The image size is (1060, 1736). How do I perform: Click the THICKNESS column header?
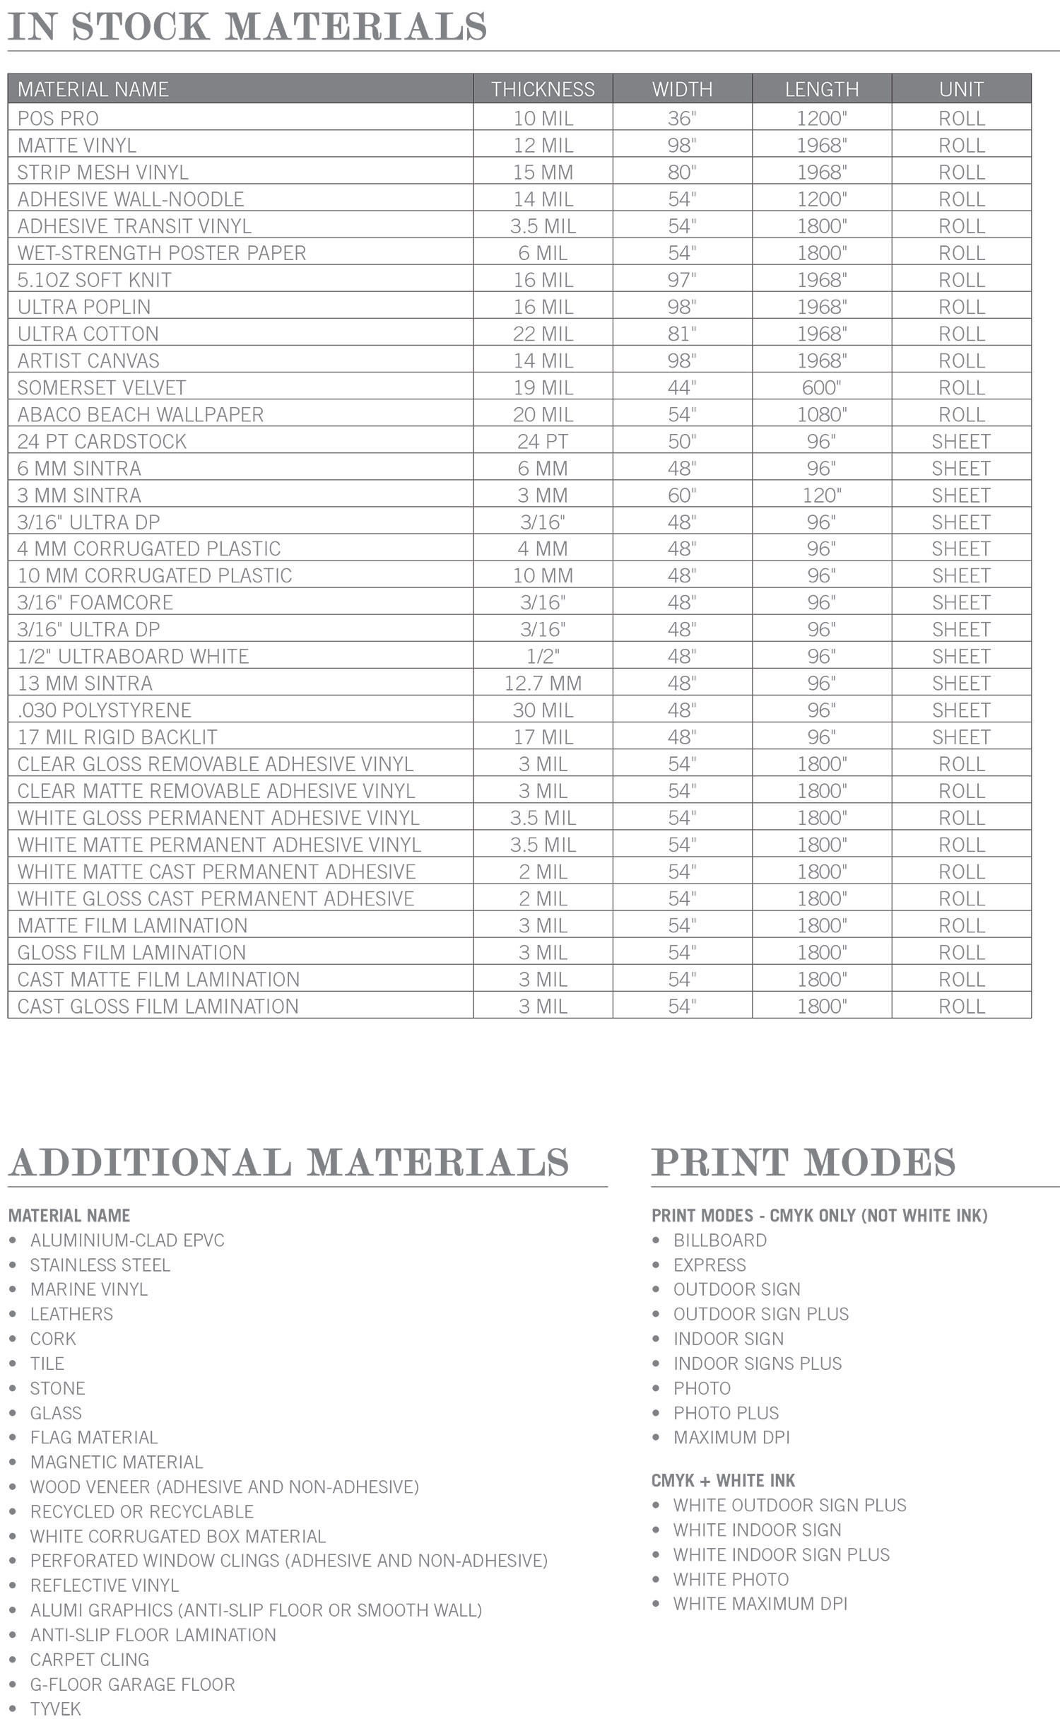click(543, 89)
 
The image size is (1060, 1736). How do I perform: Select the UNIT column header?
click(961, 89)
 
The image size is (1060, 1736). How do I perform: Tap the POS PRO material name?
click(58, 118)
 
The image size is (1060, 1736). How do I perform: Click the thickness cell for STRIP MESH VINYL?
click(543, 172)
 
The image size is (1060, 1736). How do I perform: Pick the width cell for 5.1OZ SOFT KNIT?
click(682, 280)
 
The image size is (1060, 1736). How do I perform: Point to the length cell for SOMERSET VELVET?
click(821, 387)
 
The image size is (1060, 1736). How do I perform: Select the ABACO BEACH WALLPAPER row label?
click(141, 414)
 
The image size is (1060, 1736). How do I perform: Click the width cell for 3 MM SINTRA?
click(682, 495)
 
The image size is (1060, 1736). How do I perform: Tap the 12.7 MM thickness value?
click(543, 684)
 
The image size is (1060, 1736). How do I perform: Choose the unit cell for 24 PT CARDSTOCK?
click(961, 442)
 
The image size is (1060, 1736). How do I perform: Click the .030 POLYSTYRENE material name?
click(105, 710)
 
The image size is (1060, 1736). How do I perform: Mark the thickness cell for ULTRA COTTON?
click(543, 334)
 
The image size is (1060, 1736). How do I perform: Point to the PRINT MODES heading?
click(803, 1163)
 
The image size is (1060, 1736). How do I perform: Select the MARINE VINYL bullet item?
click(89, 1289)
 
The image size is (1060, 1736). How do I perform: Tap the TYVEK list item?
click(56, 1708)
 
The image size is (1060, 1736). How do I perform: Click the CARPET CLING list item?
click(90, 1659)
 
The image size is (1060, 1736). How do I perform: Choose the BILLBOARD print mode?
click(720, 1240)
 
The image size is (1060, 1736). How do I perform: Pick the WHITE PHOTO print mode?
click(731, 1579)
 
